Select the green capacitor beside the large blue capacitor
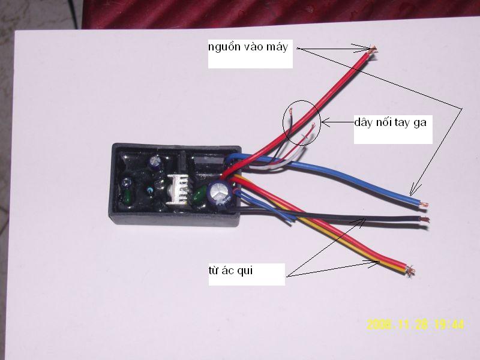pyautogui.click(x=200, y=194)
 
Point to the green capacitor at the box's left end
pyautogui.click(x=127, y=196)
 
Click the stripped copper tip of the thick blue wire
pyautogui.click(x=424, y=205)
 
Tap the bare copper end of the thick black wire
pyautogui.click(x=425, y=220)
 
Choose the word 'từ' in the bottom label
pyautogui.click(x=214, y=271)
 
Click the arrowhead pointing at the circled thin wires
pyautogui.click(x=325, y=122)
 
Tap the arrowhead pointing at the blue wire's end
pyautogui.click(x=413, y=190)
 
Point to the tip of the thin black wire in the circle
pyautogui.click(x=290, y=110)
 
